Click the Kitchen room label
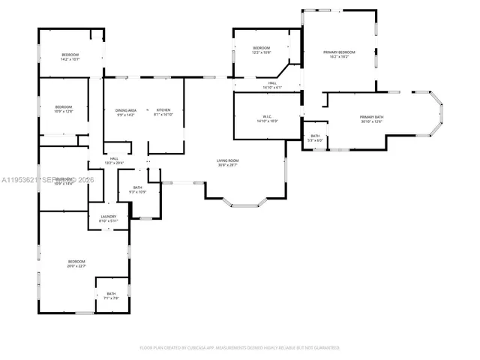click(163, 110)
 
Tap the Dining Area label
click(125, 110)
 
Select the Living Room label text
click(228, 160)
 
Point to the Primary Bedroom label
click(339, 52)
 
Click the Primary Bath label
click(371, 117)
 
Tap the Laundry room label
click(109, 217)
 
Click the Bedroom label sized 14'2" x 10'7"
click(70, 55)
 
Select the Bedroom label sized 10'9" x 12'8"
click(64, 107)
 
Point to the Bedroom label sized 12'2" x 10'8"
click(261, 48)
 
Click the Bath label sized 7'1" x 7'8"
click(111, 293)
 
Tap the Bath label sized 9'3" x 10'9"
click(138, 187)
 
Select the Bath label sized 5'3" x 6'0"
click(315, 136)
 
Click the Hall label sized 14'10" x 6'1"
click(272, 83)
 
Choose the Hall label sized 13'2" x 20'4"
click(114, 158)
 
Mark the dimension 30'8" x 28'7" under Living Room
click(228, 165)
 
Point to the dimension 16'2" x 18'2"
click(339, 57)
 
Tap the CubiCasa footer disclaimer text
click(240, 348)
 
